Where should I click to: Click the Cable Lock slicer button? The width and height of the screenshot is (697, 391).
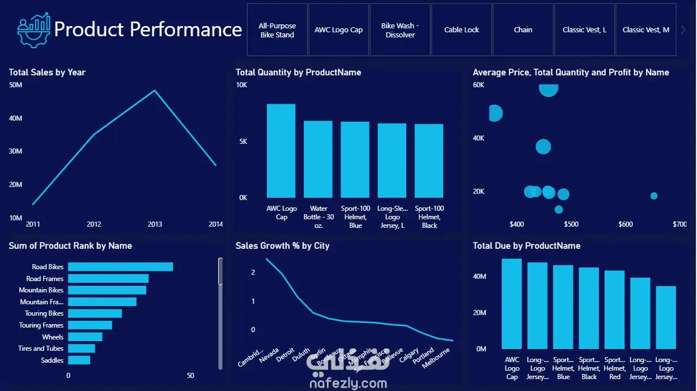(x=462, y=30)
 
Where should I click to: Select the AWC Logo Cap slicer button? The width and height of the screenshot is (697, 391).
(x=339, y=30)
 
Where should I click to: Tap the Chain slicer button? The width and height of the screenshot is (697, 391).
(x=523, y=30)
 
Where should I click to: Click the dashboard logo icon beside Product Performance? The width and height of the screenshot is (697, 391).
(x=33, y=30)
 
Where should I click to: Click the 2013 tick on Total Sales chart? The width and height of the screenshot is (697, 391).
(x=155, y=224)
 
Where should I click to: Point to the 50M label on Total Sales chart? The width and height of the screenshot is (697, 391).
(x=15, y=85)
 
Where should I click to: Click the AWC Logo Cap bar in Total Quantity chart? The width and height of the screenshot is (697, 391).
(x=281, y=150)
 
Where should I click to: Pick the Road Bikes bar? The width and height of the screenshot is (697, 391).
(x=121, y=267)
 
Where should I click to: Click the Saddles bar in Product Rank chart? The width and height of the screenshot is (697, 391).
(x=79, y=360)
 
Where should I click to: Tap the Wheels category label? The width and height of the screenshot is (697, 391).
(x=53, y=337)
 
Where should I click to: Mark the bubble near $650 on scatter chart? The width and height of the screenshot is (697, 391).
(x=654, y=195)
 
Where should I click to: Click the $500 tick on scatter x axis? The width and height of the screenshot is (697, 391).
(x=571, y=224)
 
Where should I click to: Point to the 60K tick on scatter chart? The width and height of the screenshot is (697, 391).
(x=479, y=85)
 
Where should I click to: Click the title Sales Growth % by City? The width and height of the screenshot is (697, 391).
(x=282, y=246)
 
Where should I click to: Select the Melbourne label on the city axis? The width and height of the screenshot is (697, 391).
(x=437, y=358)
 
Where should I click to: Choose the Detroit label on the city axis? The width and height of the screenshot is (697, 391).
(x=286, y=355)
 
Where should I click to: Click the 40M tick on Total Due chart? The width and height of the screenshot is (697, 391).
(x=480, y=277)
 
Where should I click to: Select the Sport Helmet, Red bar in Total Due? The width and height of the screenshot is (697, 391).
(x=614, y=309)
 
